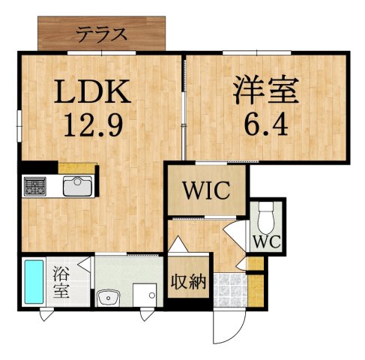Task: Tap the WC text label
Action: coord(265,241)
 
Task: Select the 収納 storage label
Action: coord(188,281)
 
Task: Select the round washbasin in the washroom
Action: coord(109,295)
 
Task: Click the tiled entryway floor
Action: coord(230,289)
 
